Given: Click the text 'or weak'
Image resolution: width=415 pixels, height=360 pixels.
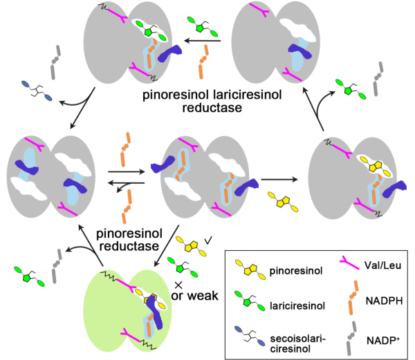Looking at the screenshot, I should pos(192,296).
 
